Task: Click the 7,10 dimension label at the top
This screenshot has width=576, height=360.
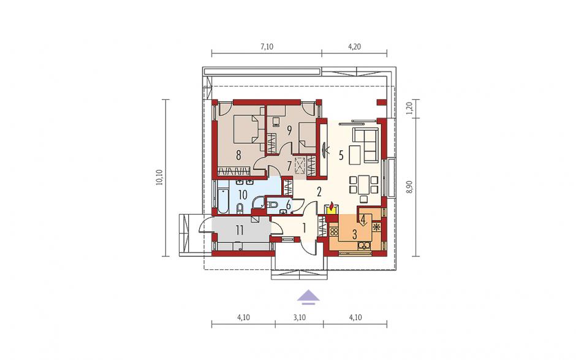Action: click(x=267, y=47)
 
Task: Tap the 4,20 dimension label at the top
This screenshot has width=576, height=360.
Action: click(x=355, y=47)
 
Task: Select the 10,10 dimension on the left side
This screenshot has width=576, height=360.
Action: click(x=159, y=178)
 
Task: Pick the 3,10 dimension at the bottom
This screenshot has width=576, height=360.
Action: click(x=300, y=317)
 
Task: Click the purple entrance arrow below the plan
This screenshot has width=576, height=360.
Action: click(x=308, y=297)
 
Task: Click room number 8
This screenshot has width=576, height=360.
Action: click(x=239, y=155)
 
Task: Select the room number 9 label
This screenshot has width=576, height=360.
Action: click(x=289, y=130)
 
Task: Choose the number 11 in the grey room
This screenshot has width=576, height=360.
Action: click(x=240, y=230)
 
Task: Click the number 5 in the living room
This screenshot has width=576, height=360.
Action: click(x=341, y=156)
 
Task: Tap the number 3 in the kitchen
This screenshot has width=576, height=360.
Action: click(x=355, y=234)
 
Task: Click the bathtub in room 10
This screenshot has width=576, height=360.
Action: click(x=223, y=201)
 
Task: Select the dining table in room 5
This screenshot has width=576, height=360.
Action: click(x=363, y=185)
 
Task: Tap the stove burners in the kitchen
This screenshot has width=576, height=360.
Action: click(x=334, y=232)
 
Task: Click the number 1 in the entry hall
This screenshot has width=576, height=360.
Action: click(x=304, y=228)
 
